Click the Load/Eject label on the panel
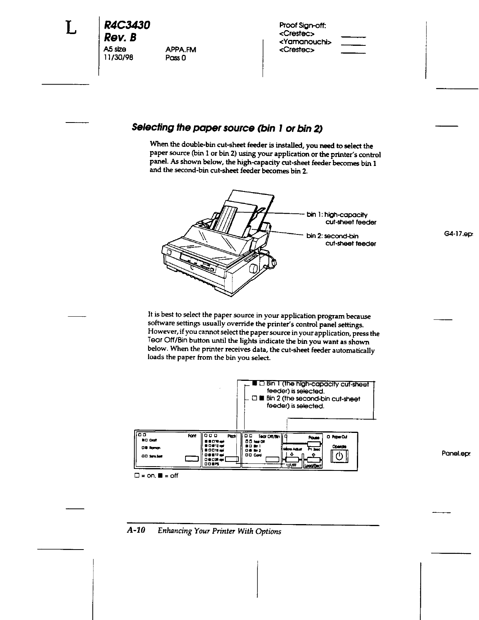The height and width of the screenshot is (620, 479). click(x=313, y=466)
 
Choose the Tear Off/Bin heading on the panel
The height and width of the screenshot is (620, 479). click(x=268, y=436)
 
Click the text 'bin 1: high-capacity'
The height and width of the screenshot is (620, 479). click(x=337, y=214)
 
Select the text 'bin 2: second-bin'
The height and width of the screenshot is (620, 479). click(x=332, y=236)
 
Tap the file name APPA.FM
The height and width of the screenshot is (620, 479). click(x=180, y=50)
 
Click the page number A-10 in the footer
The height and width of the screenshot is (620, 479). click(x=136, y=531)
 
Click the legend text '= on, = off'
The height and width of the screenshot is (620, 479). click(x=156, y=476)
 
